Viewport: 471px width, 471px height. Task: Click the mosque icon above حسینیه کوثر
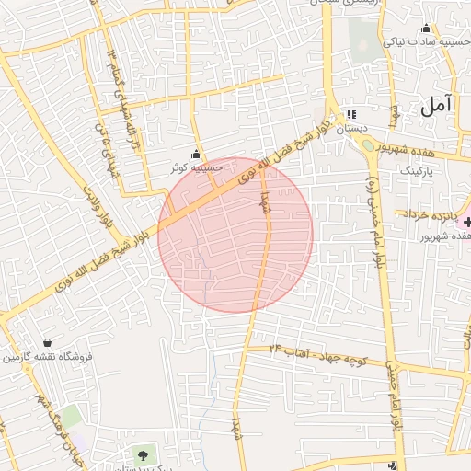tap(195, 155)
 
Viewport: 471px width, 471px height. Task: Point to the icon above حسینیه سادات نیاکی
tap(425, 28)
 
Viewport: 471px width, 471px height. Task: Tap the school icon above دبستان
tap(350, 115)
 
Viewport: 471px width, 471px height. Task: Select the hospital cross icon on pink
tap(466, 221)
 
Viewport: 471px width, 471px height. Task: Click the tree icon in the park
tap(142, 454)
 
